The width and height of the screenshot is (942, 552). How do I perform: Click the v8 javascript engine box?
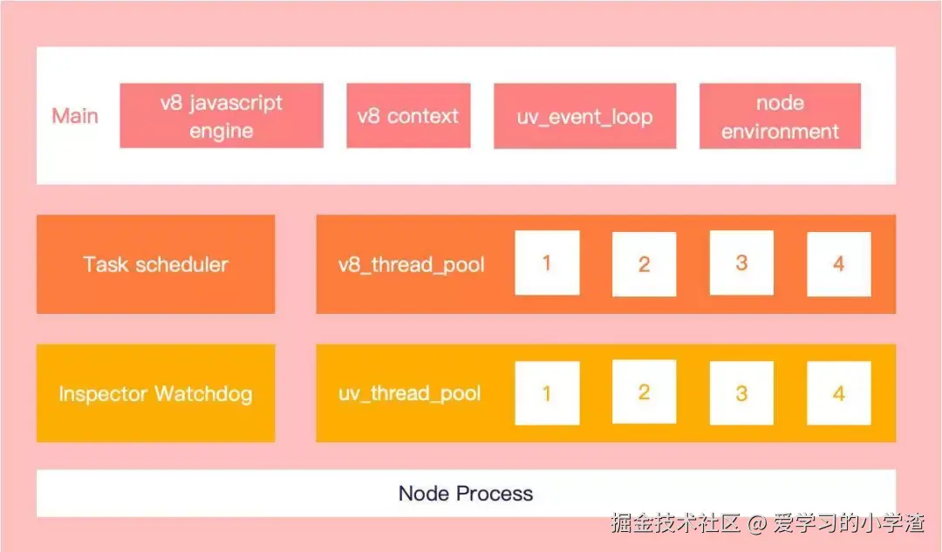coord(221,116)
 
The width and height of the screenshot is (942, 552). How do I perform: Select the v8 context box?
coord(408,116)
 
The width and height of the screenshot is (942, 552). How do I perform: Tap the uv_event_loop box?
coord(584,116)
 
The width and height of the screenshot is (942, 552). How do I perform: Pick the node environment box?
coord(780,116)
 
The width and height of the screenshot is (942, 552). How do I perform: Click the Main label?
coord(75,116)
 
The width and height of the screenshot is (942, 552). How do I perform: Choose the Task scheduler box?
coord(155,264)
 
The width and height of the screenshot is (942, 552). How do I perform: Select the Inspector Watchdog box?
coord(155,393)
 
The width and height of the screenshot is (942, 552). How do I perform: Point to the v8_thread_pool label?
coord(412,264)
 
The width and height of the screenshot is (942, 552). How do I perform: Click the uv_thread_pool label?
coord(410,393)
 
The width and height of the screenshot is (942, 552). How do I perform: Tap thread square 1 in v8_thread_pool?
coord(547,262)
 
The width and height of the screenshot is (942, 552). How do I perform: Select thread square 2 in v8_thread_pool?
coord(644,264)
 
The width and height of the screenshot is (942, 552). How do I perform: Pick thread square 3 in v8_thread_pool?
coord(741,262)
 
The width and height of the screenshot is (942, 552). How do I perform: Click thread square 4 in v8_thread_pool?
coord(838,264)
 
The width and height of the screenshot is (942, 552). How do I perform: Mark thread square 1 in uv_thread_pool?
coord(547,393)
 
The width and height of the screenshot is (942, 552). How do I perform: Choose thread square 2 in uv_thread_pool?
coord(644,392)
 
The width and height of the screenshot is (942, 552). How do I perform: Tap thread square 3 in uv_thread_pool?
coord(741,393)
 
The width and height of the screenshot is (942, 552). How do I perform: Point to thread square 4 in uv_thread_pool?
coord(838,393)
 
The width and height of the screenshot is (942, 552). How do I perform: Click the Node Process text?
coord(466,494)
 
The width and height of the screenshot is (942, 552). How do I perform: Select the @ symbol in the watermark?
coord(757,523)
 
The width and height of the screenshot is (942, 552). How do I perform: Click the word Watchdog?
coord(203,393)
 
